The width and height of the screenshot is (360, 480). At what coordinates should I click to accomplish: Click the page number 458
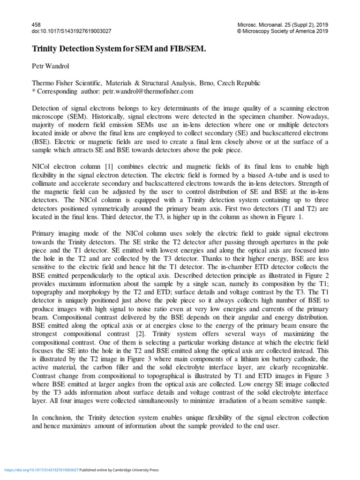[36, 24]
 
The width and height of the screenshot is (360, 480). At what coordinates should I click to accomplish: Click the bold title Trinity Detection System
[119, 49]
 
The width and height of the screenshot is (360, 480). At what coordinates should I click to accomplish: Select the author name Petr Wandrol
[51, 66]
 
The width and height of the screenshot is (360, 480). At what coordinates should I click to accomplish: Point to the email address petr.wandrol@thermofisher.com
[141, 91]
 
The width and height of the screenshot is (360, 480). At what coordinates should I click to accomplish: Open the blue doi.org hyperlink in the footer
[42, 470]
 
